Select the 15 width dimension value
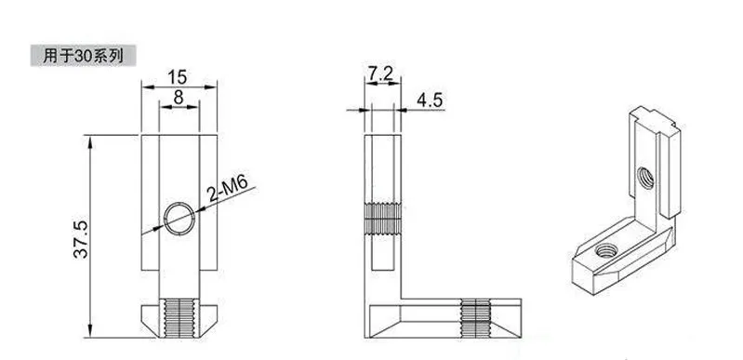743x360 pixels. pyautogui.click(x=178, y=77)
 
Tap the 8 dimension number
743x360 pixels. pyautogui.click(x=179, y=98)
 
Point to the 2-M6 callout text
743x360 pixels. pyautogui.click(x=228, y=188)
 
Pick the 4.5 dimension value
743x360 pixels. pyautogui.click(x=430, y=100)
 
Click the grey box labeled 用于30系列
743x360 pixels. pyautogui.click(x=84, y=56)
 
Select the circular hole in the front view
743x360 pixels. pyautogui.click(x=179, y=219)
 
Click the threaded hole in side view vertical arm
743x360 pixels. pyautogui.click(x=382, y=220)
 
